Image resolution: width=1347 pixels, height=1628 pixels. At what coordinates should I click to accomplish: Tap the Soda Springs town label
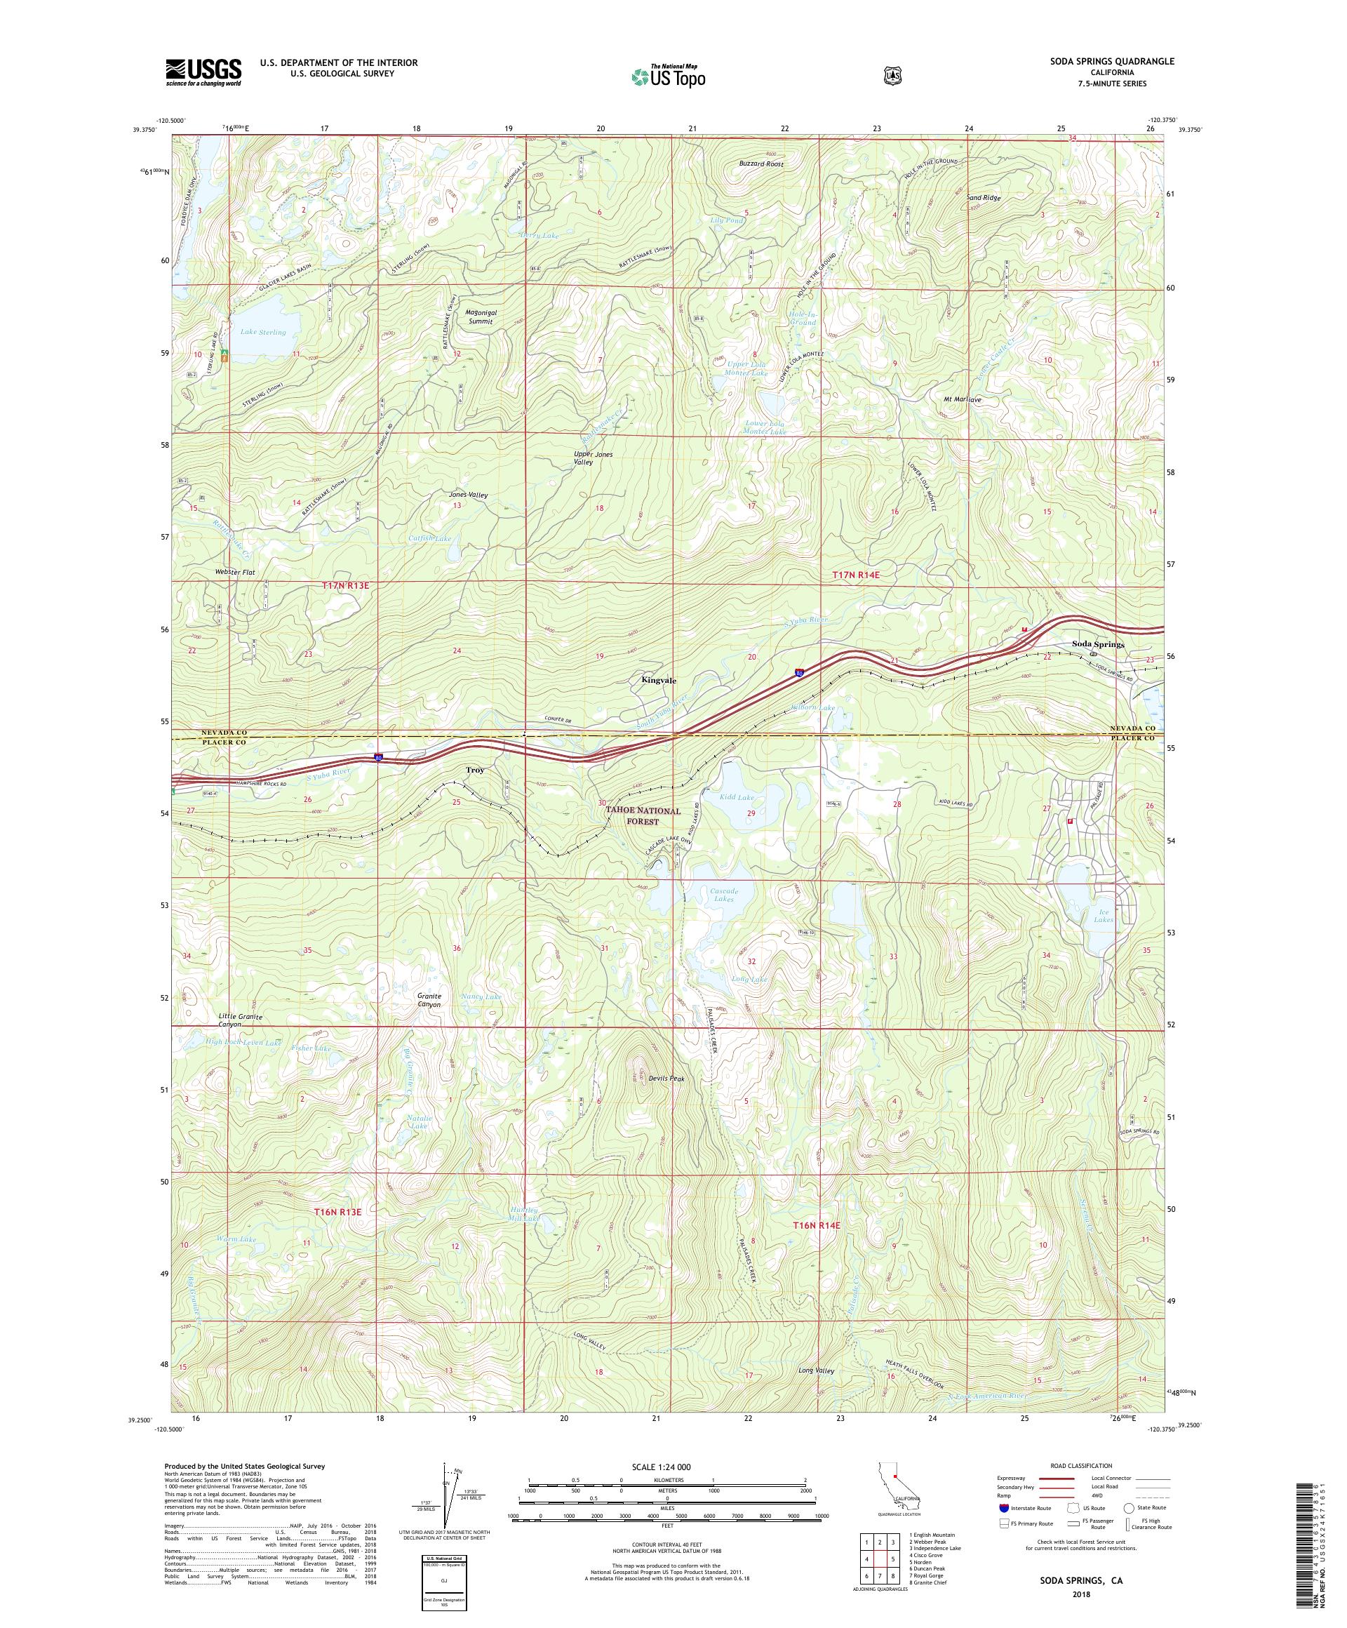pos(1097,644)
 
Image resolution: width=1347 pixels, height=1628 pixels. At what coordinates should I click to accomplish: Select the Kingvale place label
pos(658,680)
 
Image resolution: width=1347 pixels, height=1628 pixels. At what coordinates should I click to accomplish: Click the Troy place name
pos(474,770)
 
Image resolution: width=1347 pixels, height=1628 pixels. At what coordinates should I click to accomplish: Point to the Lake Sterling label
pos(262,332)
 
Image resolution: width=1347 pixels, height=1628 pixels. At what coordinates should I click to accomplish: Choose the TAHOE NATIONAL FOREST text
pos(643,815)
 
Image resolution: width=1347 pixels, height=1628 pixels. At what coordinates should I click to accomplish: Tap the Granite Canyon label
pos(429,1000)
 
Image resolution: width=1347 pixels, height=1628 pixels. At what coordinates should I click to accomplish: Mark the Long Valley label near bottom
pos(816,1370)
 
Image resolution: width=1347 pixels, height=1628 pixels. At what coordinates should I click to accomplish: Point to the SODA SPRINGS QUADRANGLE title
pos(1110,61)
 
